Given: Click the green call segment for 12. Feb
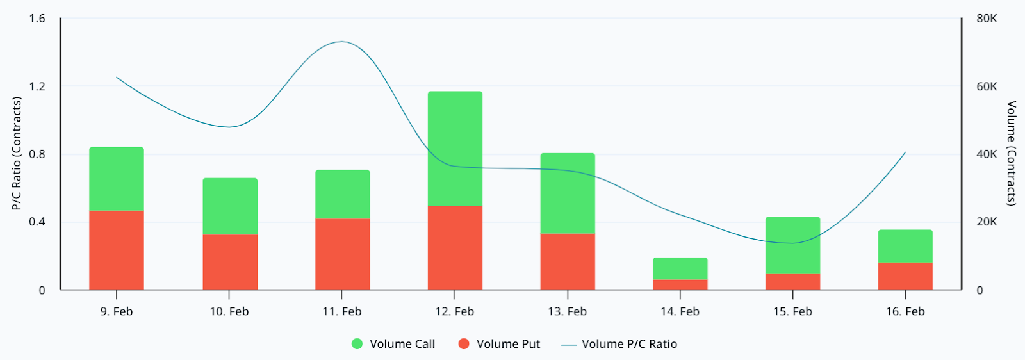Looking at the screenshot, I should [455, 148].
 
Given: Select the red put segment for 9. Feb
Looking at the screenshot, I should [117, 250].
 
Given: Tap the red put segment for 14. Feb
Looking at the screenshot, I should [680, 284].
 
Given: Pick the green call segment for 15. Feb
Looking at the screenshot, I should [792, 245].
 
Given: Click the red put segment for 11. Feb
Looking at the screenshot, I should [342, 254].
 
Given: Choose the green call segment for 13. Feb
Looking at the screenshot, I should [568, 193].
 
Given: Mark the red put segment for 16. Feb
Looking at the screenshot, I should [905, 275].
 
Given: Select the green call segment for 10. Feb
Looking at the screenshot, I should [230, 206].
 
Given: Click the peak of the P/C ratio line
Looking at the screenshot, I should [341, 42].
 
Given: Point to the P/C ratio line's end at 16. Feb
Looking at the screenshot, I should [905, 152].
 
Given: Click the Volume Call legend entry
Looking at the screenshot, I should [393, 344].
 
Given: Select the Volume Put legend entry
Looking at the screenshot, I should [500, 344].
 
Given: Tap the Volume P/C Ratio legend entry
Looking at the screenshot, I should [619, 344].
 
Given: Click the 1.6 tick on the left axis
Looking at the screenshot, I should [37, 19].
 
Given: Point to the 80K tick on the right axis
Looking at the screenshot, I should [987, 19].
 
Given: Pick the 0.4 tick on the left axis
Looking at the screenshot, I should [37, 222].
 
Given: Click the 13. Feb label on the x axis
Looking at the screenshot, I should [567, 311].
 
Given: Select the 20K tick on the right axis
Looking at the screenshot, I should [987, 222].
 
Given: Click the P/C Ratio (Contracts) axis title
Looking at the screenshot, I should [17, 153].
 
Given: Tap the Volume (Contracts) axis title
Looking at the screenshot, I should [1011, 153].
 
